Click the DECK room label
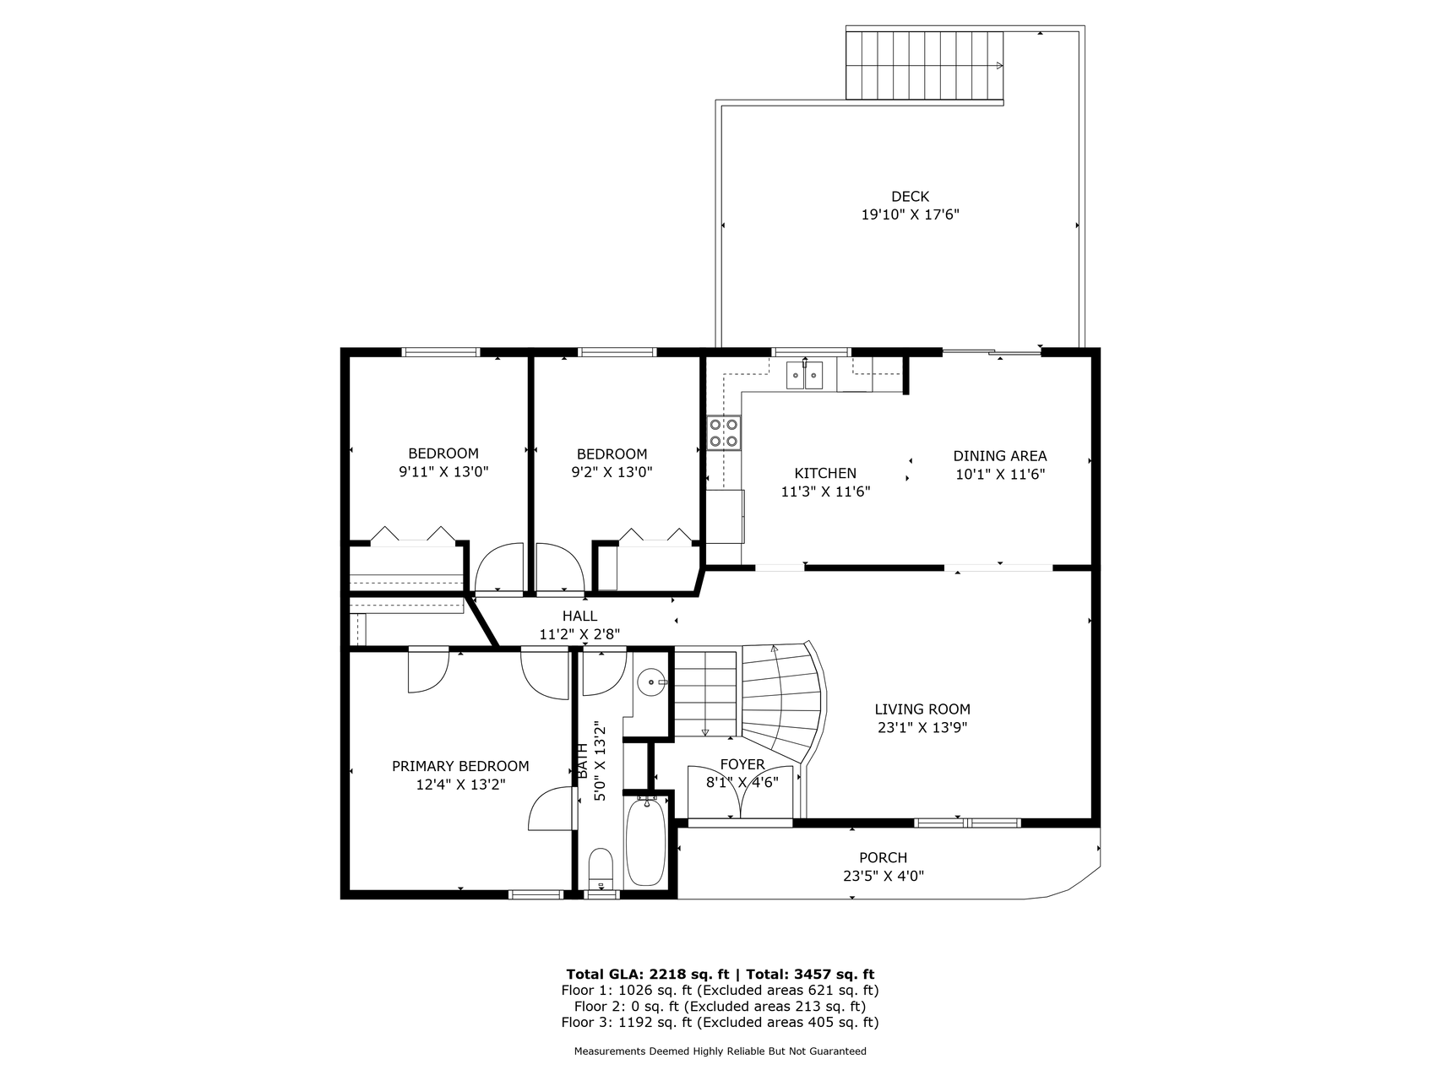point(910,197)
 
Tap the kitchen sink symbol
point(804,374)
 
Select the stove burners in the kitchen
point(724,432)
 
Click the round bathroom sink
point(650,682)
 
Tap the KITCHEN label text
point(825,474)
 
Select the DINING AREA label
point(1000,456)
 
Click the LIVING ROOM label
point(922,710)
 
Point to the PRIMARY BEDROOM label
point(460,767)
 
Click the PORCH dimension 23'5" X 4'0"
point(884,877)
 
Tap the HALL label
point(579,617)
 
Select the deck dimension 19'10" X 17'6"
point(910,215)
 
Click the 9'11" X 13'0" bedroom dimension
point(443,472)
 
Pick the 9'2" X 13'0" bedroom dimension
point(612,472)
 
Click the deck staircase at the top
point(925,65)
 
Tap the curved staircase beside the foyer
point(781,701)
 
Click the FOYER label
point(742,765)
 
